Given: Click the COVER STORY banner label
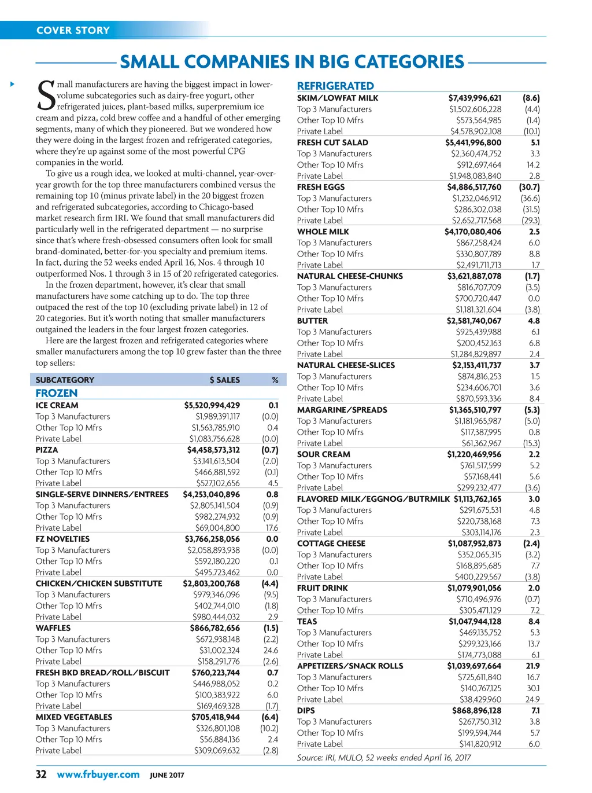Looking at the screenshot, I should [73, 30].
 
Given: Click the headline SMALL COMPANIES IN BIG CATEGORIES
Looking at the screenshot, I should [292, 62].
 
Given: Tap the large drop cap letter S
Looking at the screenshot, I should [46, 96].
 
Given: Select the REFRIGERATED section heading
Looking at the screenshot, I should [335, 86].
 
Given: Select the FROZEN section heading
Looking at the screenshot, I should [57, 393].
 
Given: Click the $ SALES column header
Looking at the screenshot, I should [224, 380].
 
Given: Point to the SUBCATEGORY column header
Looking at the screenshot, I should [65, 380].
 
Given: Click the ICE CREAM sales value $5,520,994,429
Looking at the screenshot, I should [212, 405].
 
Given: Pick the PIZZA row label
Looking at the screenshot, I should [47, 450].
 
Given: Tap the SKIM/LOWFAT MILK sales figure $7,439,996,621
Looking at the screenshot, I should [475, 98].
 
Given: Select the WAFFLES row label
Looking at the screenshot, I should [53, 628].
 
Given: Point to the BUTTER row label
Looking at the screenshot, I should [312, 321].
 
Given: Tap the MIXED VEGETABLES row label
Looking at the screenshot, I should [74, 717].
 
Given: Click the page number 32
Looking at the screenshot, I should [41, 774].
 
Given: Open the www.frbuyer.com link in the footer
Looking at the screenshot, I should [98, 774].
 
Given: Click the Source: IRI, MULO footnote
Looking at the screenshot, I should [384, 757].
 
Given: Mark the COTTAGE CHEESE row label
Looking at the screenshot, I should [331, 544].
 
